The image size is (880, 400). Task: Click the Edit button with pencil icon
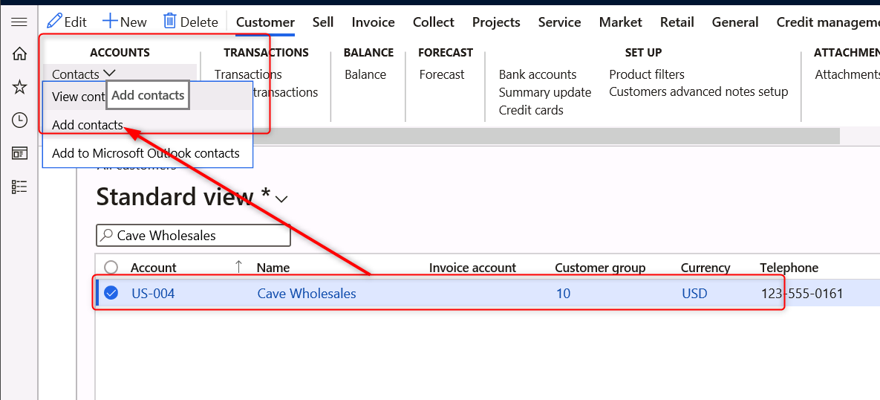[x=67, y=22]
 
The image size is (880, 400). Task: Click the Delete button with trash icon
[x=191, y=22]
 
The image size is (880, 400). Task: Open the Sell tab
[x=323, y=22]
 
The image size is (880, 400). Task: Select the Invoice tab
[x=373, y=22]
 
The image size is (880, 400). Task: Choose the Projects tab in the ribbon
[x=496, y=22]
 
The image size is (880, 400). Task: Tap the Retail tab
[x=677, y=22]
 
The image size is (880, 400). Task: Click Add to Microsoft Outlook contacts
[x=146, y=153]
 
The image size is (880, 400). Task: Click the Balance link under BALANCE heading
[x=365, y=74]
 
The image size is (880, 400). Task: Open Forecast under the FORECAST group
[x=442, y=74]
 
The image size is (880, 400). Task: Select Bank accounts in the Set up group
[x=538, y=74]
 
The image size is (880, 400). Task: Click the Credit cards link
[x=531, y=110]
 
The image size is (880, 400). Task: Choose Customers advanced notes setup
[x=698, y=92]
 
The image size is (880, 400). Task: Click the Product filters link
[x=647, y=74]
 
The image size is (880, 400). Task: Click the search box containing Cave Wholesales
[x=193, y=236]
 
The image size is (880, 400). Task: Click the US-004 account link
[x=153, y=294]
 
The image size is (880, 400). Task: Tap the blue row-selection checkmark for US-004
[x=111, y=294]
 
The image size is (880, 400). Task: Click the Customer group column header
[x=600, y=268]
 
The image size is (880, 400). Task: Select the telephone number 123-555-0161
[x=802, y=294]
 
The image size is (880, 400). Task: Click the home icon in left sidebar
[x=19, y=54]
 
